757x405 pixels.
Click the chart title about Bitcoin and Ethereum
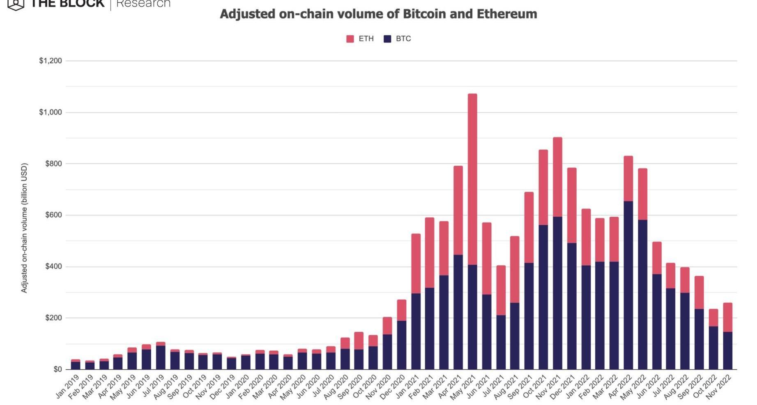[x=378, y=14]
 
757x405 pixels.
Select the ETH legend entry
[x=360, y=39]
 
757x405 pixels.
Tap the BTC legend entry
[x=397, y=39]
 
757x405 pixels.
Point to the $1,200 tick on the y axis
[x=51, y=61]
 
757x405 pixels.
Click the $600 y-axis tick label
[x=54, y=215]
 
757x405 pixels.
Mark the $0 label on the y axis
[x=58, y=369]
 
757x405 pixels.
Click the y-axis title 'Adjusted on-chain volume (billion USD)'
[x=24, y=228]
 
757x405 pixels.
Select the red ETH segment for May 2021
[x=472, y=179]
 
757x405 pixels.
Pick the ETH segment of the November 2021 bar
[x=557, y=177]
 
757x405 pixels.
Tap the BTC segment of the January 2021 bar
[x=416, y=331]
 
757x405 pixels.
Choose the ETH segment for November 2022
[x=727, y=317]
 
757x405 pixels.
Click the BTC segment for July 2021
[x=501, y=342]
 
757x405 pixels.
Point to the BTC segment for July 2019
[x=161, y=357]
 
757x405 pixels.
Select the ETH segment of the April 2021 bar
[x=458, y=210]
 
